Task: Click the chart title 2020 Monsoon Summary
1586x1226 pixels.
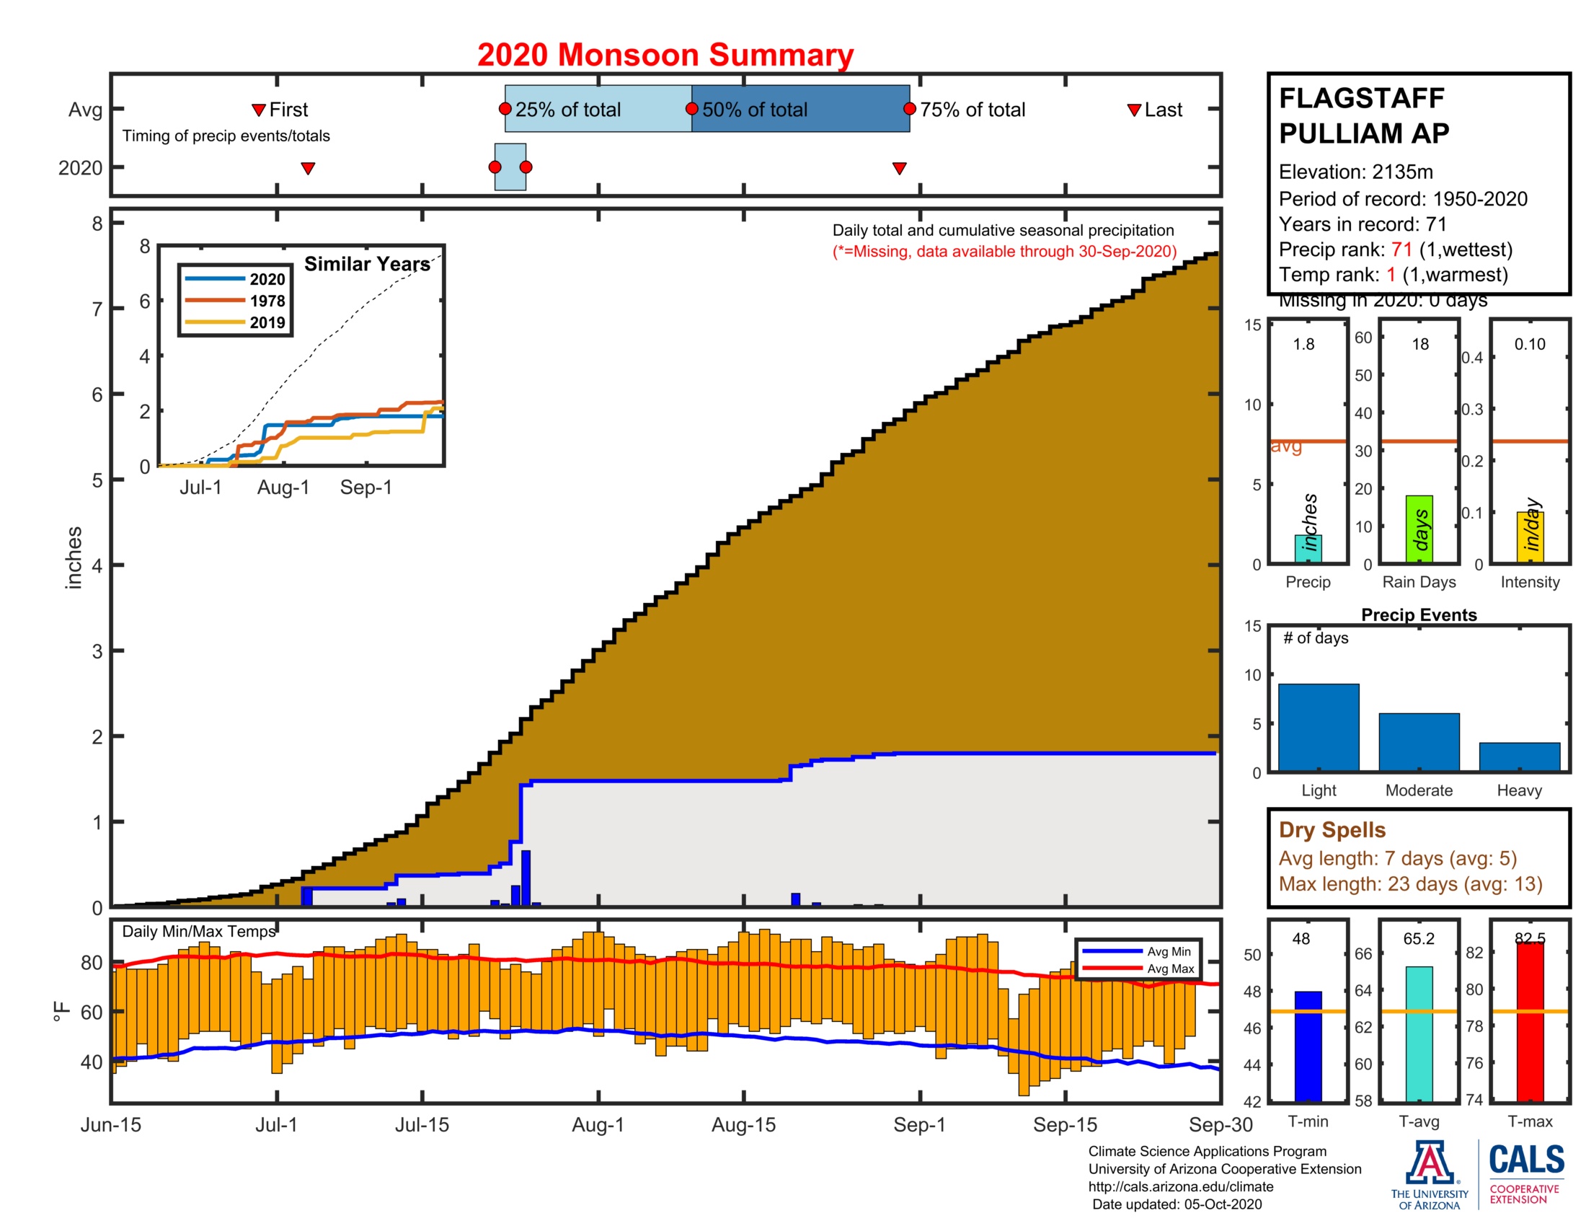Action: point(665,56)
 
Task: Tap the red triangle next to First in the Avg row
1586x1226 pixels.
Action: point(259,110)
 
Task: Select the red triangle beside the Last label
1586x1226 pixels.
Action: point(1133,110)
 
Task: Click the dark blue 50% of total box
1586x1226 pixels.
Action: point(799,109)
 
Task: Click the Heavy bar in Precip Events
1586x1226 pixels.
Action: point(1519,756)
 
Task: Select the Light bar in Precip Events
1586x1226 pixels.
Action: point(1318,727)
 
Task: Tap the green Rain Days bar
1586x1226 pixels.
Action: point(1419,529)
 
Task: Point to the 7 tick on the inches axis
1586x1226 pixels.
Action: point(97,309)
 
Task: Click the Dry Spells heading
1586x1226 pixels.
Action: point(1332,829)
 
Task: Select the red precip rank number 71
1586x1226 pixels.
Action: point(1401,250)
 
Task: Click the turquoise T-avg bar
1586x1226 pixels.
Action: point(1419,1033)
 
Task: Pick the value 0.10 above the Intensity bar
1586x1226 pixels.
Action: point(1529,344)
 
